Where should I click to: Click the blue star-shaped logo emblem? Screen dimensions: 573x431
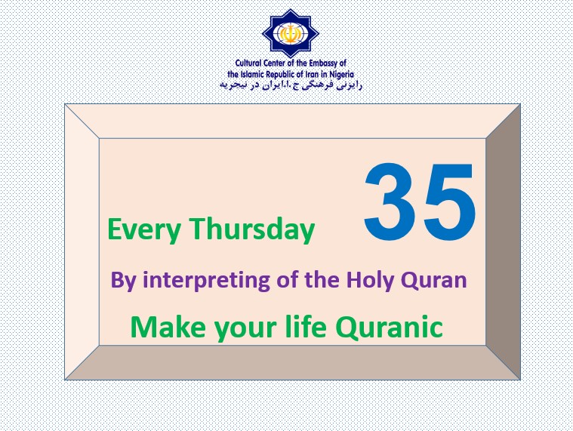pyautogui.click(x=291, y=34)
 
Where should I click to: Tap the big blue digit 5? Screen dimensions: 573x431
pyautogui.click(x=449, y=202)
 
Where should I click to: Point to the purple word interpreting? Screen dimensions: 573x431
pyautogui.click(x=206, y=281)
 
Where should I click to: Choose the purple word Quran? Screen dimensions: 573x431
pyautogui.click(x=434, y=281)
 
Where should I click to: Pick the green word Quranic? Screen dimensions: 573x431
pyautogui.click(x=390, y=327)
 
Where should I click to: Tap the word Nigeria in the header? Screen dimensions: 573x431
pyautogui.click(x=341, y=75)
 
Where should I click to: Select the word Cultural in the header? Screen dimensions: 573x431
pyautogui.click(x=248, y=63)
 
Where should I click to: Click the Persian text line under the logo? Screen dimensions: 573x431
pyautogui.click(x=291, y=85)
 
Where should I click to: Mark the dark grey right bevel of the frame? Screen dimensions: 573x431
pyautogui.click(x=504, y=242)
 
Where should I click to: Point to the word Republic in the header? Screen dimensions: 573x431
pyautogui.click(x=279, y=75)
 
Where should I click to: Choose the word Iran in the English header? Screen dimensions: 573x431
pyautogui.click(x=312, y=75)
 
